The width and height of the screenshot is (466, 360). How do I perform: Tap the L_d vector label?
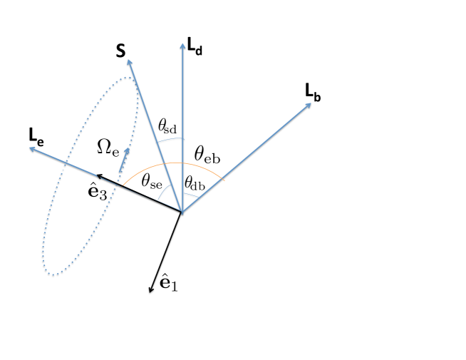195,48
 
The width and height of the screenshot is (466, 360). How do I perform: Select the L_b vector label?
312,92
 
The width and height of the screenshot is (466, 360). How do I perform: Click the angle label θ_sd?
167,127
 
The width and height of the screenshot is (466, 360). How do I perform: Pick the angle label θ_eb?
207,153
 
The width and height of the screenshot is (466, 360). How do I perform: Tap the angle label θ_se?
151,182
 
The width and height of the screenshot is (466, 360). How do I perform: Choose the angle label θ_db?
195,183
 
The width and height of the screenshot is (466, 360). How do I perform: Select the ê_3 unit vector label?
97,191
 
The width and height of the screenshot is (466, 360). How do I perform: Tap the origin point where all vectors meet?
182,212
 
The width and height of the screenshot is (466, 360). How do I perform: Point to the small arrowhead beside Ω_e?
127,152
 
